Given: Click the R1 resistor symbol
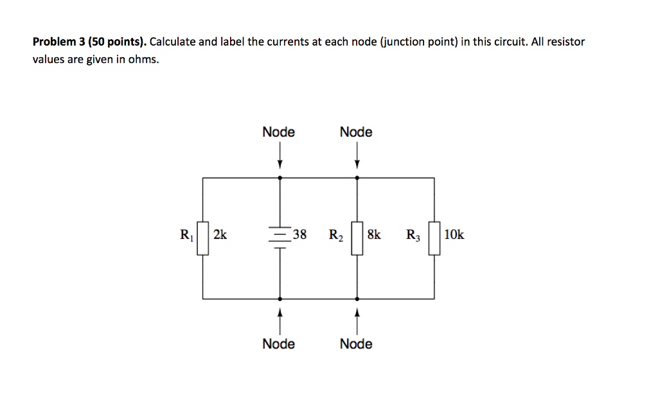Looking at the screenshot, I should click(x=202, y=238).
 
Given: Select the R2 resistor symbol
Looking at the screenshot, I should click(x=357, y=238).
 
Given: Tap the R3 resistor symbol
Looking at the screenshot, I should click(x=434, y=238).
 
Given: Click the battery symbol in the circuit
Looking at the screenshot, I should click(x=280, y=236).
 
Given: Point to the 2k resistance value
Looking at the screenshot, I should click(x=220, y=235).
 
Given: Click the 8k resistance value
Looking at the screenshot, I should click(x=374, y=235).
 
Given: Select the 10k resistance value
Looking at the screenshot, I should click(x=454, y=235).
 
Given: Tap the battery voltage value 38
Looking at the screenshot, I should click(x=299, y=235).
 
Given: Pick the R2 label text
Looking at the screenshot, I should click(x=335, y=236).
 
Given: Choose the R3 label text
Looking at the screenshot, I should click(x=413, y=236).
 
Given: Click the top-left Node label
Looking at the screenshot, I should click(x=279, y=132).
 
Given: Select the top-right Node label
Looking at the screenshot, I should click(x=356, y=132).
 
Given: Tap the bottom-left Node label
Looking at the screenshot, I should click(x=279, y=344).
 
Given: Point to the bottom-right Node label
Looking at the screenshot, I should click(x=356, y=344).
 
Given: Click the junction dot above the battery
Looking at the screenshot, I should click(x=280, y=177).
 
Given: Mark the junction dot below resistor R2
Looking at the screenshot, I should click(x=357, y=299).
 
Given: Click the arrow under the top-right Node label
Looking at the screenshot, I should click(x=357, y=156).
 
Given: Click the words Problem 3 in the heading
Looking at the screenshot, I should click(x=57, y=42).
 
